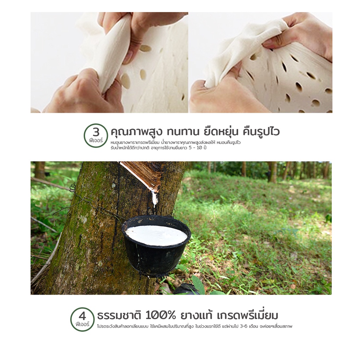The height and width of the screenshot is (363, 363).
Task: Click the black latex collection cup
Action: coord(156,245)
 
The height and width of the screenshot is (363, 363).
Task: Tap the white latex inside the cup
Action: coord(156,235)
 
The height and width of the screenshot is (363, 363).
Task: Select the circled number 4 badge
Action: coord(82,319)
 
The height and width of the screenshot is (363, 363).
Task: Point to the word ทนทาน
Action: coord(183,132)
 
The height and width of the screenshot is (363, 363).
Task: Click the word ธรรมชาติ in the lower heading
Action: coord(119,315)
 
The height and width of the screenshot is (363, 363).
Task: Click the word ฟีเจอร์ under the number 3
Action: coord(96,140)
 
